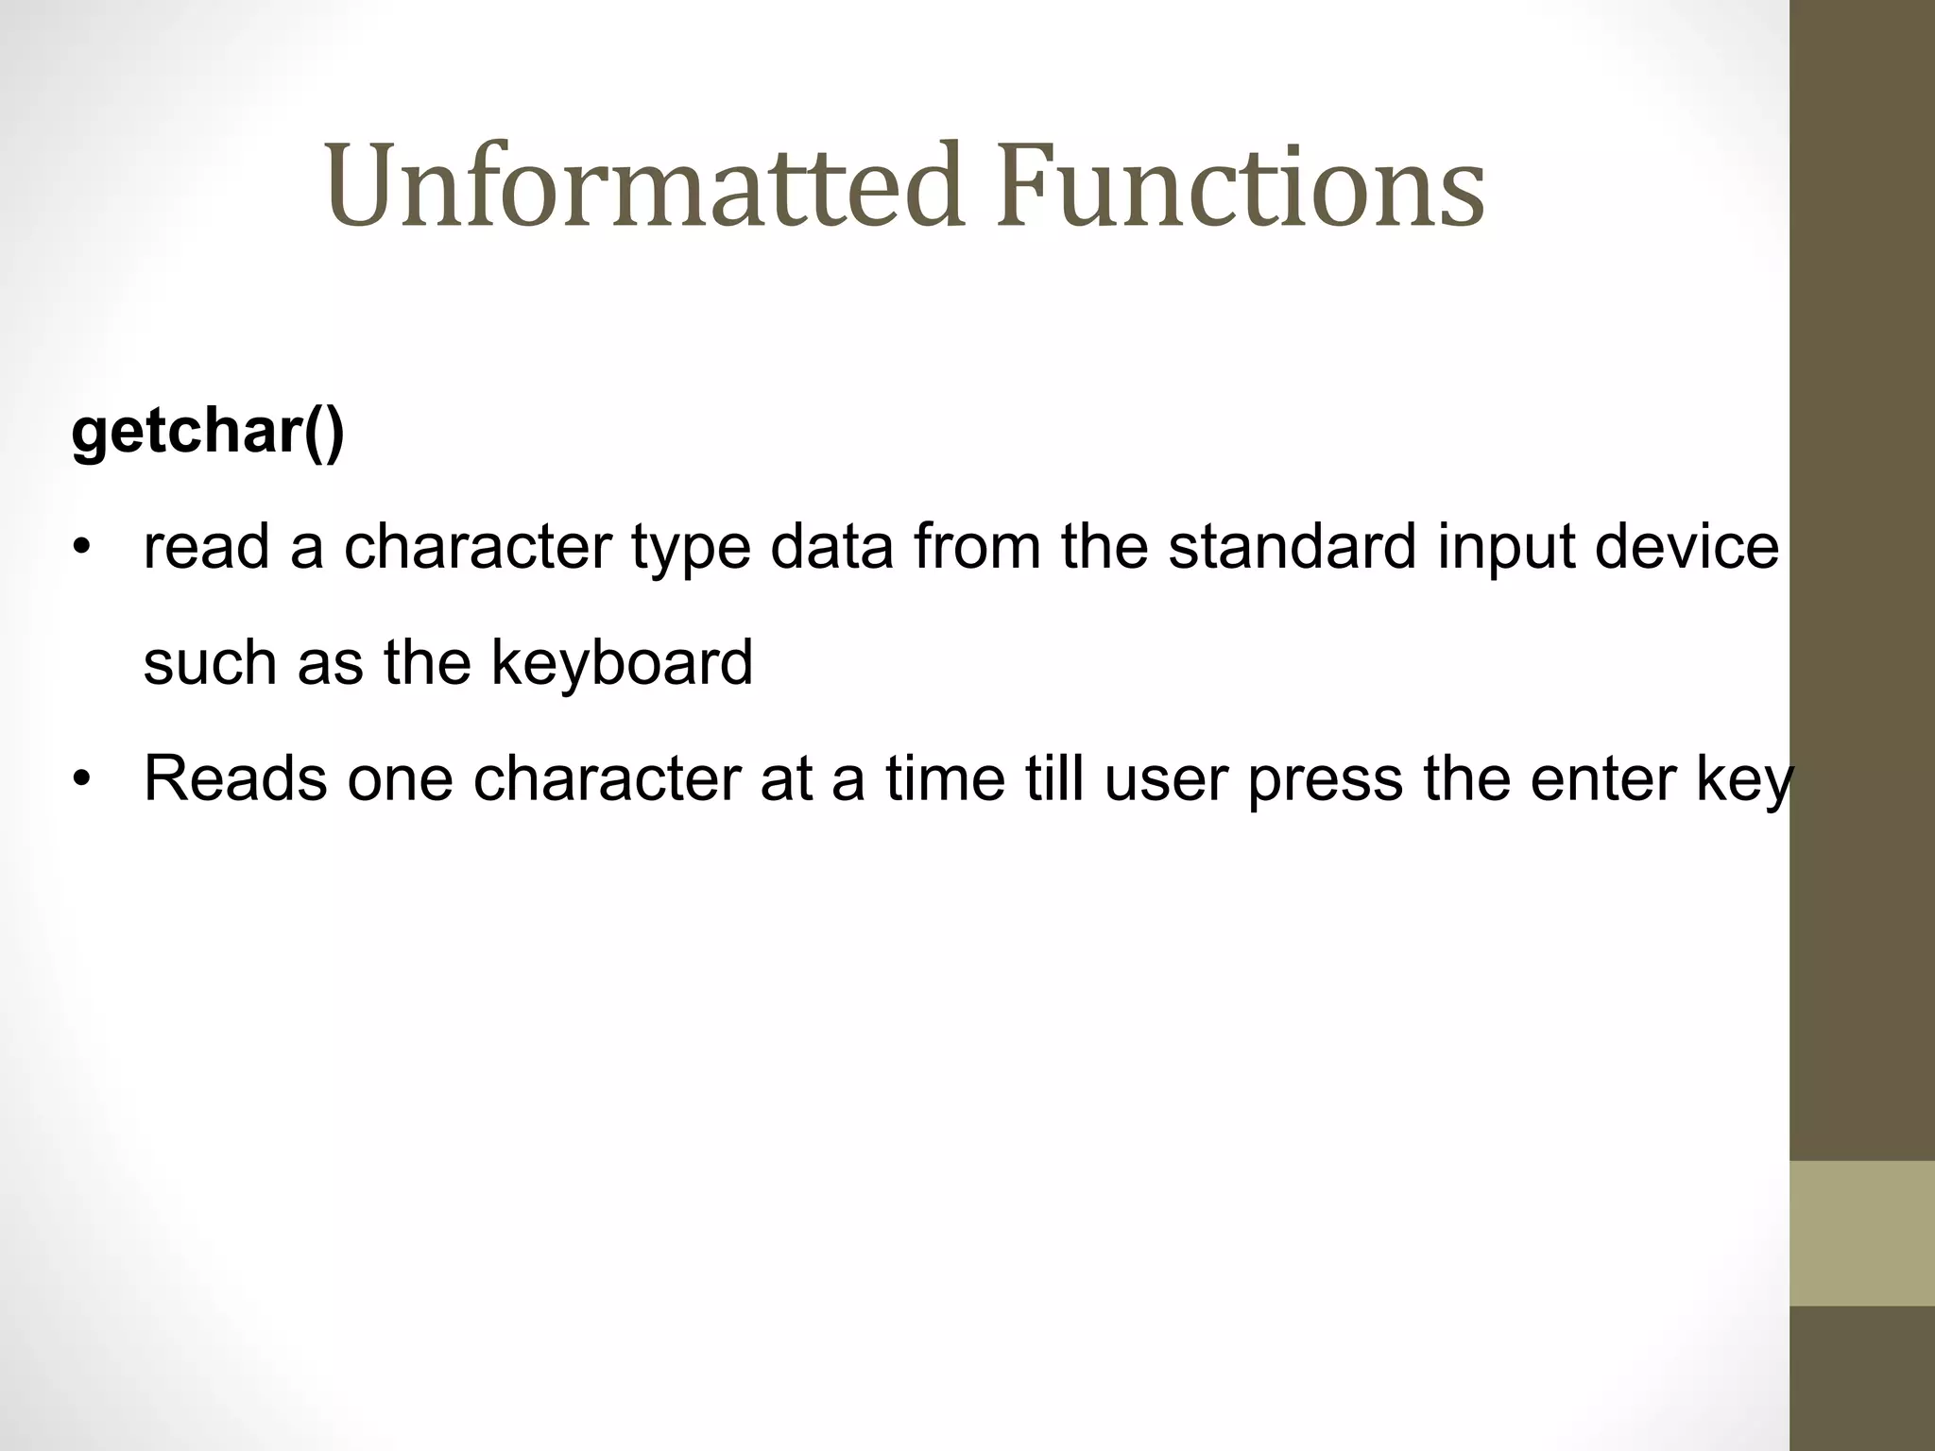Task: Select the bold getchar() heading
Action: point(208,432)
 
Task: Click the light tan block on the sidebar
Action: point(1861,1233)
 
